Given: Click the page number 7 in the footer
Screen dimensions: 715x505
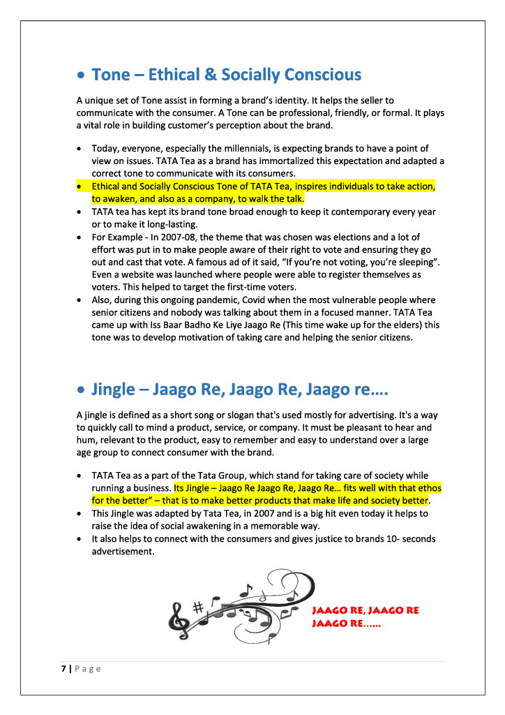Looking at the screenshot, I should coord(62,669).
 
